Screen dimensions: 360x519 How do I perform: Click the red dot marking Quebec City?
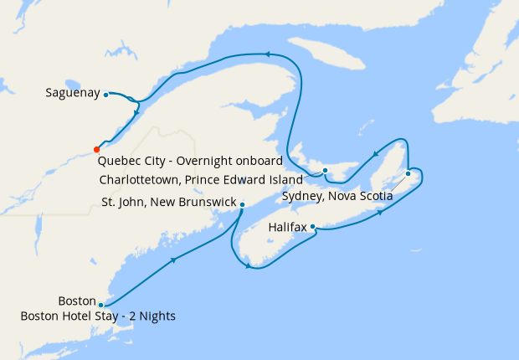[x=97, y=150]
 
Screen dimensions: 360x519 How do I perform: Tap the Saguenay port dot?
[x=106, y=95]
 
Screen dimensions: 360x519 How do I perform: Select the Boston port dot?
[x=100, y=305]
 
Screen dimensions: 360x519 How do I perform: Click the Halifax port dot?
[x=312, y=226]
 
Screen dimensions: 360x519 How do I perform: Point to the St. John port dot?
[x=242, y=204]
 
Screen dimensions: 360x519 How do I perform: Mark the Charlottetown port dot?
[x=325, y=171]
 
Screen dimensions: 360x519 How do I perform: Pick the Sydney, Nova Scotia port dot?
[x=408, y=173]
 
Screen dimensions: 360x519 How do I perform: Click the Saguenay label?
[x=73, y=94]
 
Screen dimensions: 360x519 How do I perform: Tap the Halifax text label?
[x=287, y=227]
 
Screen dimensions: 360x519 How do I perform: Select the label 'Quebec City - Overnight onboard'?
[x=190, y=161]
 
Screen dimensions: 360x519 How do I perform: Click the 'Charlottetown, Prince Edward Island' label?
[x=200, y=179]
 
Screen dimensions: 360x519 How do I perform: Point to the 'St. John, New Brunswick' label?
[x=167, y=203]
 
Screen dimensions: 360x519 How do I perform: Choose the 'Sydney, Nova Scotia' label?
[x=337, y=197]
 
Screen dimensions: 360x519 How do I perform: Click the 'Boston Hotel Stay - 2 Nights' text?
[x=99, y=316]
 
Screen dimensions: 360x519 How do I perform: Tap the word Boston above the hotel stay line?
[x=76, y=301]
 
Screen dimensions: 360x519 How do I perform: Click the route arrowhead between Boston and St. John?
[x=174, y=260]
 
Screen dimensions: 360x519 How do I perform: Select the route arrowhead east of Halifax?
[x=381, y=213]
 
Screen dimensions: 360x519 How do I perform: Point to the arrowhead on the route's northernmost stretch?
[x=268, y=54]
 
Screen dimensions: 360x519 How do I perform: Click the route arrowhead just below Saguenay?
[x=136, y=112]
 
